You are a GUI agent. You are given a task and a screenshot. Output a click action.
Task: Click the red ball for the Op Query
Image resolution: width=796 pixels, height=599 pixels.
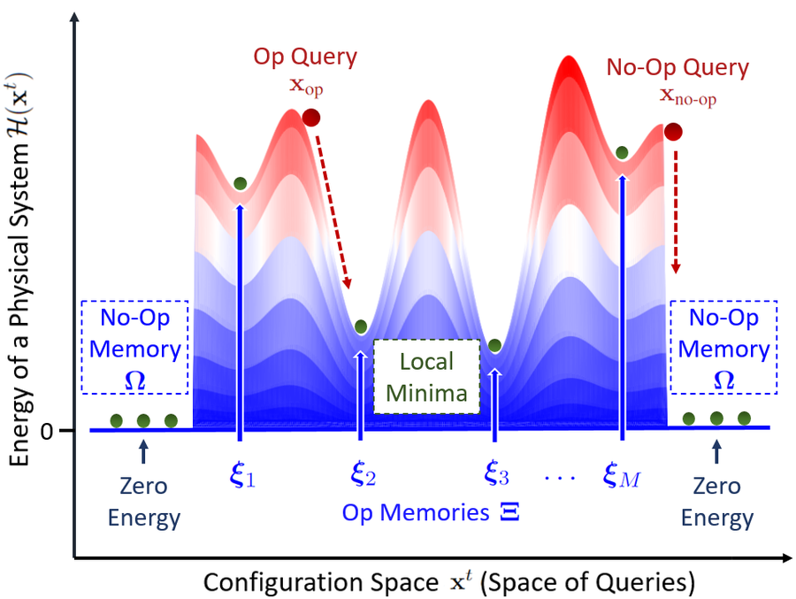pyautogui.click(x=311, y=118)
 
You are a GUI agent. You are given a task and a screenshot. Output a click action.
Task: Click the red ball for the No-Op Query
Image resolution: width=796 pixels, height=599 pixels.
pyautogui.click(x=673, y=132)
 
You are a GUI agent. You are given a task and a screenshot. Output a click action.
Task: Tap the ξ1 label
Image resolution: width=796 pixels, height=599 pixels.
pyautogui.click(x=242, y=474)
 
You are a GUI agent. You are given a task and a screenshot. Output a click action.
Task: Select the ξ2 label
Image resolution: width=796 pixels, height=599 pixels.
pyautogui.click(x=363, y=473)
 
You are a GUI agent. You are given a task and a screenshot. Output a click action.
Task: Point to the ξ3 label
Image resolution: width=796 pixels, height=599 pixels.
pyautogui.click(x=496, y=473)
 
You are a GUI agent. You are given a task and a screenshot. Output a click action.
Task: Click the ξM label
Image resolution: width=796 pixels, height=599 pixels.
pyautogui.click(x=622, y=474)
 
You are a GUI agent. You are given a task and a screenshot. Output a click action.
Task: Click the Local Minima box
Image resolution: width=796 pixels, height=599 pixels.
pyautogui.click(x=426, y=376)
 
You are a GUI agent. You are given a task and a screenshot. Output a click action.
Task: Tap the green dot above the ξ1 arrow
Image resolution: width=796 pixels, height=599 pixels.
pyautogui.click(x=240, y=183)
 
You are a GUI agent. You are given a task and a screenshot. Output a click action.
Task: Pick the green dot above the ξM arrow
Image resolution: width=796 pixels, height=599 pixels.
pyautogui.click(x=622, y=152)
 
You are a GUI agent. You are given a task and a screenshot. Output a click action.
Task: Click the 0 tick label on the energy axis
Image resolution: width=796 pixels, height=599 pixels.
pyautogui.click(x=47, y=432)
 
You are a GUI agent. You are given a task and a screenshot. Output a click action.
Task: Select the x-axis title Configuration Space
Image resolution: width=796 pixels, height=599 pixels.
pyautogui.click(x=321, y=582)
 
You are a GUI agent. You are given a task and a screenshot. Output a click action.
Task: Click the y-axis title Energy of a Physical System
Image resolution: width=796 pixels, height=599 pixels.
pyautogui.click(x=19, y=269)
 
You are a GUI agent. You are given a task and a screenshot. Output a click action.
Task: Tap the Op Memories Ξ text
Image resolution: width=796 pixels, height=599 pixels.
pyautogui.click(x=431, y=512)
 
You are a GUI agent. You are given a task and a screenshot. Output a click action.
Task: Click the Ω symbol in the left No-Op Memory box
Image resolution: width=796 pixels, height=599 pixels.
pyautogui.click(x=135, y=380)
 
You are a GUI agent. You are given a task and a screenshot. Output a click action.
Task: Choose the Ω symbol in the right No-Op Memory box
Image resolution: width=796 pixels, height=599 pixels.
pyautogui.click(x=723, y=380)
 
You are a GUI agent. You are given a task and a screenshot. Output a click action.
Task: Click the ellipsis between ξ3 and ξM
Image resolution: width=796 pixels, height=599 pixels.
pyautogui.click(x=560, y=478)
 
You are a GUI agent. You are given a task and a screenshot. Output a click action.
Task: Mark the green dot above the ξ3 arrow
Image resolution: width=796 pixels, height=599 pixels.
pyautogui.click(x=495, y=345)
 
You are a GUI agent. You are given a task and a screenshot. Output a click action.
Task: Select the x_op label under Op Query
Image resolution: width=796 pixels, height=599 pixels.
pyautogui.click(x=306, y=86)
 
